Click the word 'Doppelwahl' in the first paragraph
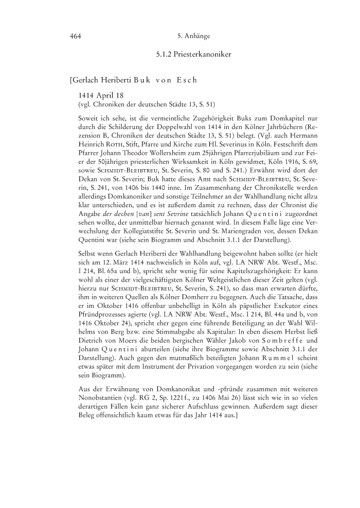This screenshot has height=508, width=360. pos(168,126)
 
